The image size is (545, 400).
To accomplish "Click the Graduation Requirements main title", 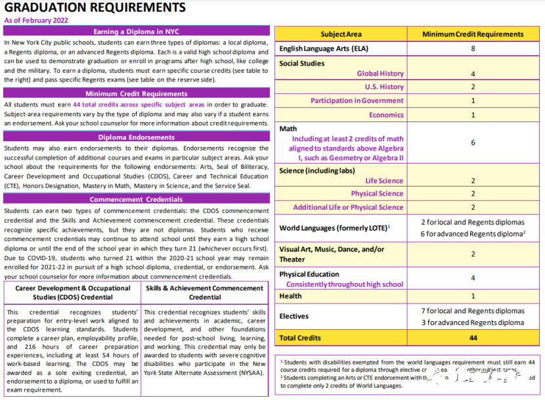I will [95, 8].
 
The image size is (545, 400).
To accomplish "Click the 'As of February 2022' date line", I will [37, 20].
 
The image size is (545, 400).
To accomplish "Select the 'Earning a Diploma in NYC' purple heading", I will [137, 31].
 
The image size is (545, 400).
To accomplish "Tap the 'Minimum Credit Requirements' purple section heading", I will [137, 94].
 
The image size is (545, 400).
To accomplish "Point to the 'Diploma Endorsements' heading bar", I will [137, 137].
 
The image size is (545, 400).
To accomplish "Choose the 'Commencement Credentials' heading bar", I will [137, 199].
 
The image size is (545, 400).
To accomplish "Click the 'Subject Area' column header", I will [341, 34].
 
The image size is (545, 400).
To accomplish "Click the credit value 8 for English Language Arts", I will [473, 49].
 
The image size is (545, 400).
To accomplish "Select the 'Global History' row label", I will [380, 74].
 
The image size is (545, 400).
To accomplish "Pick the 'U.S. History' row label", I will [384, 87].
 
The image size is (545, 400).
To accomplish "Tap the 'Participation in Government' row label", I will [357, 100].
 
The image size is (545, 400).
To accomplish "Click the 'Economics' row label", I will [386, 115].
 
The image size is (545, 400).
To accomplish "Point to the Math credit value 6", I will [473, 143].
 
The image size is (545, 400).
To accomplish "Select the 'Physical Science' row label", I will [377, 194].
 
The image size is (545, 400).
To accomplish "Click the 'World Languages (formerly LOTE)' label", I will [333, 227].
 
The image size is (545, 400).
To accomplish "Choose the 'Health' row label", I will [290, 296].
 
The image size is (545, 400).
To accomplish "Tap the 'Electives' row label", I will [294, 316].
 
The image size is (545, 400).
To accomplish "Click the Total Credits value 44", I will [473, 338].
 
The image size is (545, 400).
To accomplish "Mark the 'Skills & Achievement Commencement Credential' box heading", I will [205, 292].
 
